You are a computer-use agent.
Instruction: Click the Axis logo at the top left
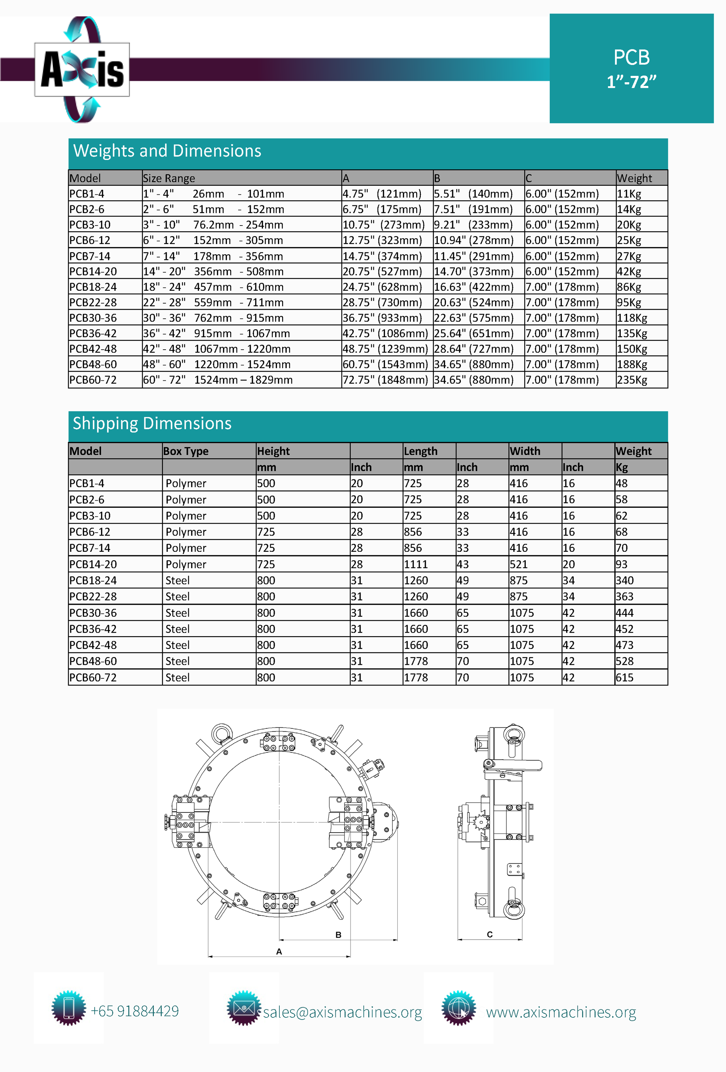click(x=82, y=70)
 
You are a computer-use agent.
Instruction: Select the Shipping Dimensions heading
click(x=152, y=423)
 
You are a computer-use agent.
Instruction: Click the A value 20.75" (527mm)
click(x=382, y=272)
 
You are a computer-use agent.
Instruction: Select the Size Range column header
click(x=169, y=178)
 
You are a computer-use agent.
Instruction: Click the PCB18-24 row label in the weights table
click(x=93, y=287)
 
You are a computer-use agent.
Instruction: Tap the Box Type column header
click(x=185, y=451)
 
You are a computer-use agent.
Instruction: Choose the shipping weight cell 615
click(x=625, y=678)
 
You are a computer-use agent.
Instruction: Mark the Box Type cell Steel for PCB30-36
click(x=178, y=613)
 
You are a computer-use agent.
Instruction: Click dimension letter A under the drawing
click(x=279, y=951)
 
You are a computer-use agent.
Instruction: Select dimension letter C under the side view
click(x=490, y=934)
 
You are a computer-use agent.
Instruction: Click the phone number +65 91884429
click(x=135, y=1011)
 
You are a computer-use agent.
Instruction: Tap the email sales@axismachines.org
click(x=342, y=1012)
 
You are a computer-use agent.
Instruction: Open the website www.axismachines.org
click(x=561, y=1012)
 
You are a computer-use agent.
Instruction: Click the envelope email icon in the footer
click(x=244, y=1008)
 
